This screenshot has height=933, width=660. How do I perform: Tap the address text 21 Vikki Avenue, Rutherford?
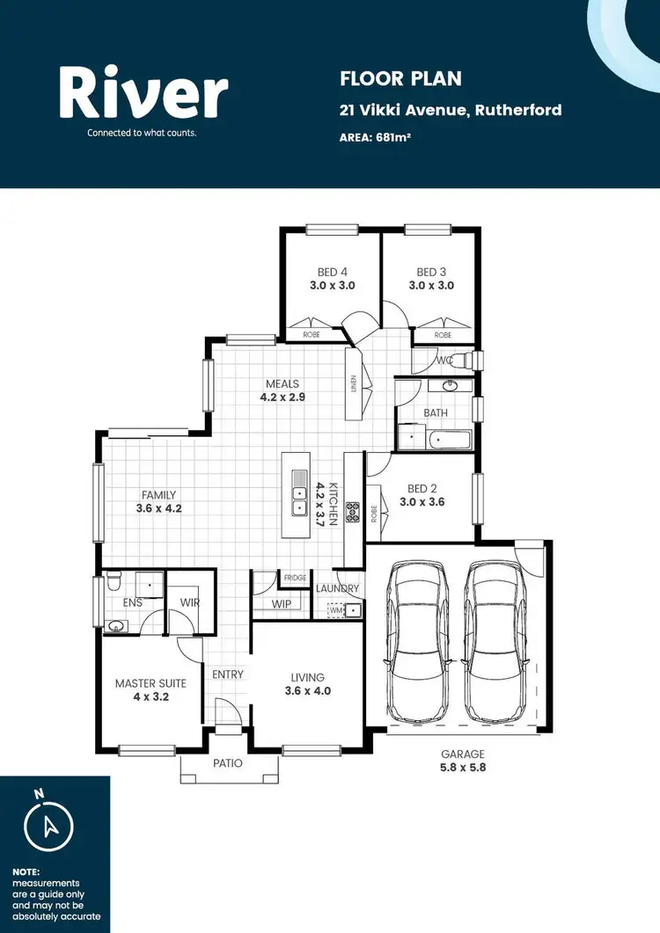451,111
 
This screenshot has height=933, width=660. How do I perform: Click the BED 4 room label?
333,272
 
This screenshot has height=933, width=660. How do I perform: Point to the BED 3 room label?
431,272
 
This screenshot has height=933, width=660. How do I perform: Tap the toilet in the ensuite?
113,581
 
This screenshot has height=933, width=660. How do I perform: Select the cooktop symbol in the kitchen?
352,512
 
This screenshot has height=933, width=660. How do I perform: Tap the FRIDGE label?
295,578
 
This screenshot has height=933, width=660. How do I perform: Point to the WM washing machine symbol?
335,609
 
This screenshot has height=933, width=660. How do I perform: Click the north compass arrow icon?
48,824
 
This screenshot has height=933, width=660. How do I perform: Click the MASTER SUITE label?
150,683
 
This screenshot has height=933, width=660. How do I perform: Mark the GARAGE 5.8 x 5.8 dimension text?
464,761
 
